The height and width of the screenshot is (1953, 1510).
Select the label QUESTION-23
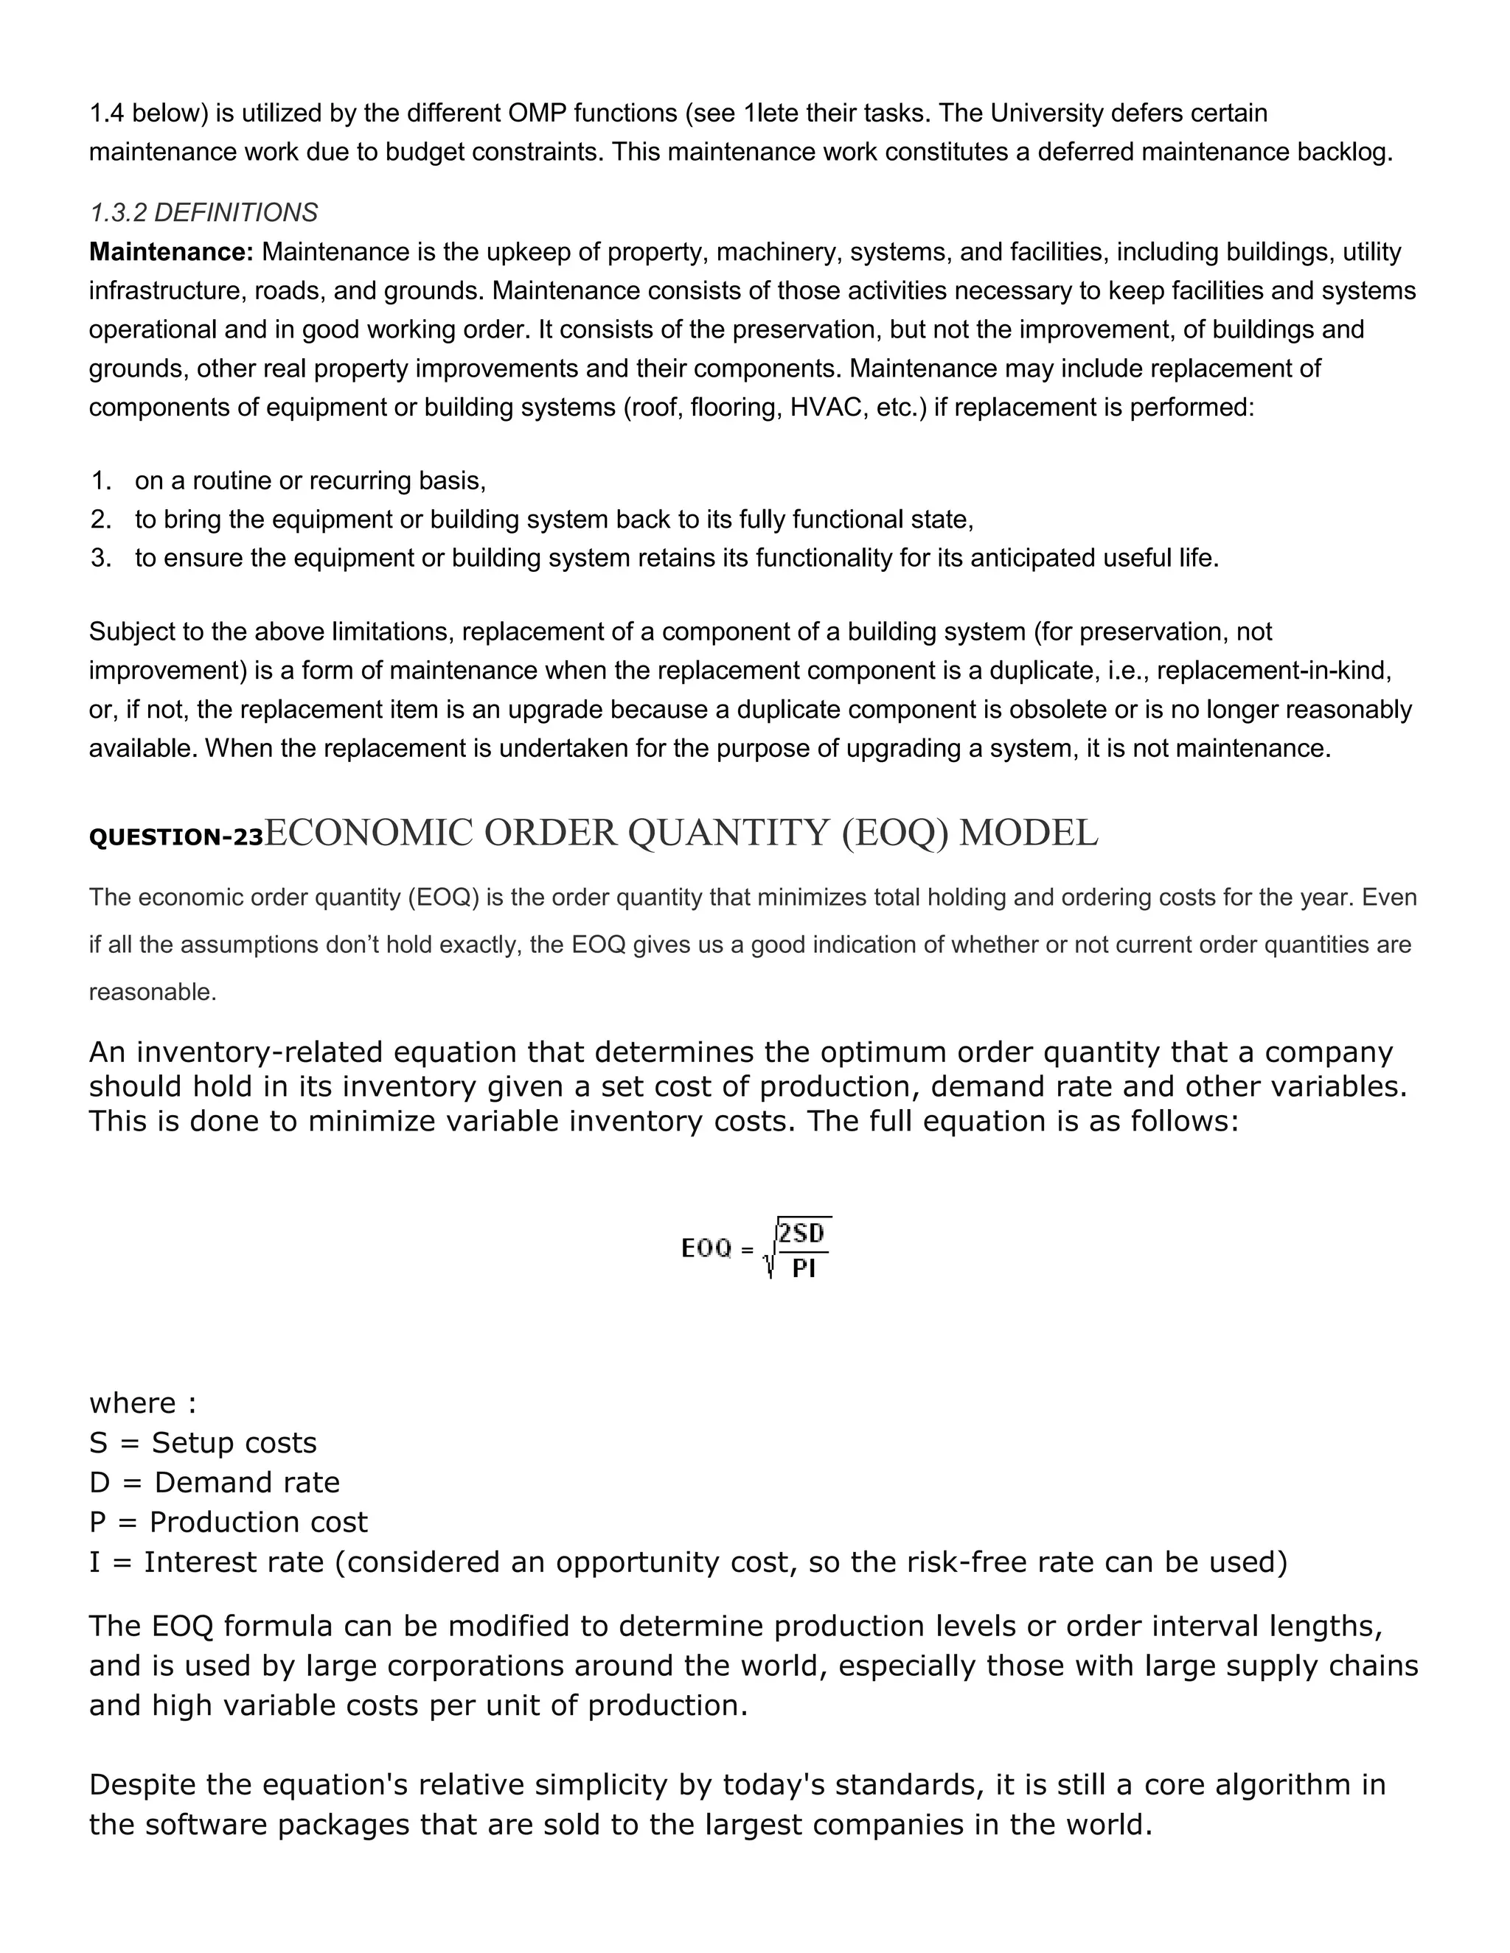pyautogui.click(x=176, y=838)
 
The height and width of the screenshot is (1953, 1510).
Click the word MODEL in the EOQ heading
pyautogui.click(x=1028, y=834)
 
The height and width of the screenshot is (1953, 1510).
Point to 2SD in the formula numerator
pyautogui.click(x=801, y=1234)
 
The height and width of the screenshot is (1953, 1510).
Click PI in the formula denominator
pyautogui.click(x=804, y=1268)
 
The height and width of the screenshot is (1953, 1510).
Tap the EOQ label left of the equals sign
pyautogui.click(x=706, y=1248)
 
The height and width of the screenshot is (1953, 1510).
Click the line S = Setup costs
pyautogui.click(x=203, y=1443)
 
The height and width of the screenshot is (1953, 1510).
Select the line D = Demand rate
pyautogui.click(x=215, y=1483)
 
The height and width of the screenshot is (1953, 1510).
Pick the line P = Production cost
pyautogui.click(x=228, y=1522)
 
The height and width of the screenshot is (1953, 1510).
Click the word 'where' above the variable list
pyautogui.click(x=133, y=1403)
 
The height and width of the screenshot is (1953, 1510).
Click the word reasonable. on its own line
pyautogui.click(x=153, y=993)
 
